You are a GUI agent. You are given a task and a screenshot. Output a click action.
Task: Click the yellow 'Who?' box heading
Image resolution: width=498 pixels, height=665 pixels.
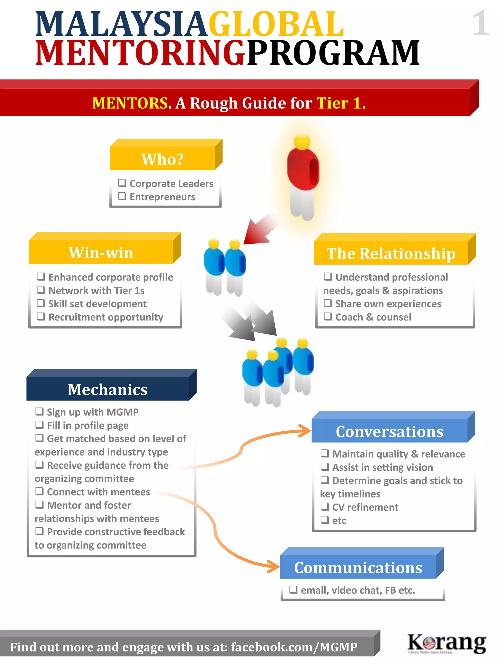click(x=162, y=159)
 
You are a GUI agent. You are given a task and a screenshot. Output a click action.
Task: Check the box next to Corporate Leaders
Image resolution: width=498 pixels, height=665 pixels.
click(x=122, y=183)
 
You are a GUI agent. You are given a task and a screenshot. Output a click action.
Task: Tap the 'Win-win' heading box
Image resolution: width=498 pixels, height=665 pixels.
click(x=101, y=252)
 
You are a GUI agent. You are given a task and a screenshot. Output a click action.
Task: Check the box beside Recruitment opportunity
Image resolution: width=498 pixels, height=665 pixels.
click(x=41, y=317)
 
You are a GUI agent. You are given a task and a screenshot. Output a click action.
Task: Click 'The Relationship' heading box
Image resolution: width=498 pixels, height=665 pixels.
click(x=391, y=253)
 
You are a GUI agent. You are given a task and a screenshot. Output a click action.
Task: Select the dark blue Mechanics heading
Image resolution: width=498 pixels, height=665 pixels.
click(x=108, y=389)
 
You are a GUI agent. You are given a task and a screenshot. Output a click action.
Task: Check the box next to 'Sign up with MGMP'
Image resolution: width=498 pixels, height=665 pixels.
click(x=40, y=411)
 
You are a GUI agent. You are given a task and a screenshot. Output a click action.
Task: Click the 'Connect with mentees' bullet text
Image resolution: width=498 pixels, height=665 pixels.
click(x=98, y=492)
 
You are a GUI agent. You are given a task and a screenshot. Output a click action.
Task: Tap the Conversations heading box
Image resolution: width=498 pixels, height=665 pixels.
click(x=389, y=431)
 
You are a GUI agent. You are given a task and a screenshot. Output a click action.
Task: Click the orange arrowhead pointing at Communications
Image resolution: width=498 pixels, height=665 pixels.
click(x=274, y=567)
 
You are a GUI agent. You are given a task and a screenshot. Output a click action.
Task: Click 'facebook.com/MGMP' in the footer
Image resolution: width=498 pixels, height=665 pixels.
click(x=294, y=647)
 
